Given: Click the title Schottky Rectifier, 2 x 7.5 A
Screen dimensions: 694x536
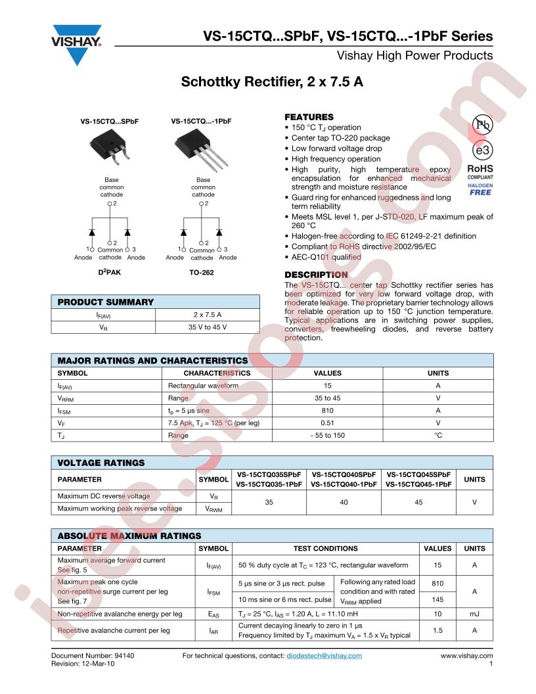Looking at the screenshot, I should coord(272,83).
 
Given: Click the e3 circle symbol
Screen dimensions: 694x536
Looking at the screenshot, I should coord(481,148).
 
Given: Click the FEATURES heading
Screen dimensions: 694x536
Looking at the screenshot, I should coord(309,116).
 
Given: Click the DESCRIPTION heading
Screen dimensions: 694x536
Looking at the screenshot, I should coord(316,274).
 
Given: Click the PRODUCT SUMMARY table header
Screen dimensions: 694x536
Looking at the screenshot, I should coord(106,302).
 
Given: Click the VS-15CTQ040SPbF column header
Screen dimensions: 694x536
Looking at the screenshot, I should coord(344,474).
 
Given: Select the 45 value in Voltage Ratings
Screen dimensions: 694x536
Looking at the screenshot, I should coord(419,502).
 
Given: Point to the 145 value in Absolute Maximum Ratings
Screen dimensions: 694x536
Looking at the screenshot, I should coord(437,599).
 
